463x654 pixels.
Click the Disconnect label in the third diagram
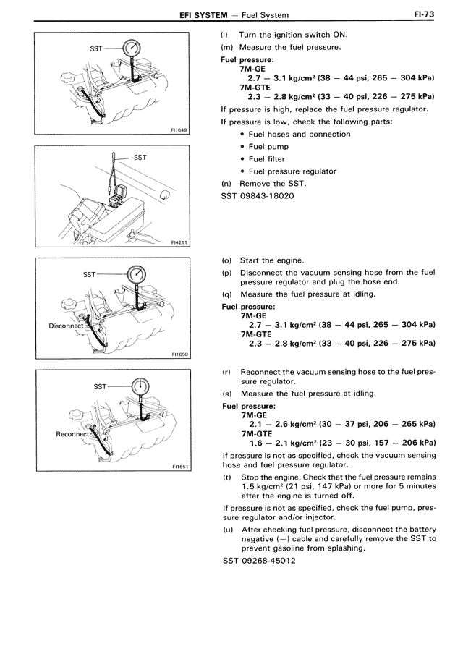[x=67, y=326]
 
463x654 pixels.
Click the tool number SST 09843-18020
[x=256, y=197]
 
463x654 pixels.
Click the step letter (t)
[x=227, y=477]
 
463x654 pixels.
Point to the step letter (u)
[x=227, y=530]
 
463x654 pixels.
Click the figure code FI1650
[x=179, y=355]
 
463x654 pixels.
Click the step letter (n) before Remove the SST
[x=226, y=184]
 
